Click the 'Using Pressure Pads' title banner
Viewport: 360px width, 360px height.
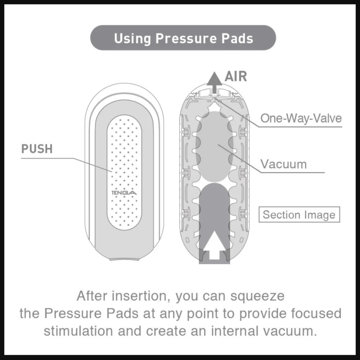point(183,38)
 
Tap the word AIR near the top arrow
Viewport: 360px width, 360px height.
point(236,76)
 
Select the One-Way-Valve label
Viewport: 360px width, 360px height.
point(301,118)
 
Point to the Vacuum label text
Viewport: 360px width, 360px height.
point(284,164)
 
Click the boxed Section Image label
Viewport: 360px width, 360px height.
point(299,214)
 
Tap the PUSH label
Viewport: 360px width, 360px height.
point(37,149)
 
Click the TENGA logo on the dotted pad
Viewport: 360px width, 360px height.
point(125,193)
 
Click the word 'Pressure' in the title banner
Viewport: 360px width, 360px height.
point(184,38)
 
